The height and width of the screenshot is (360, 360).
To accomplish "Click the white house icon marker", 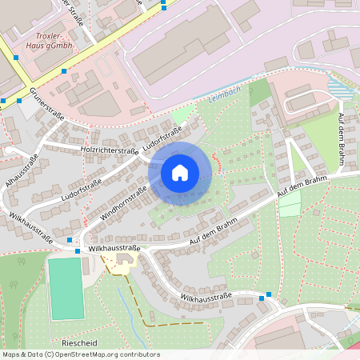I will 180,172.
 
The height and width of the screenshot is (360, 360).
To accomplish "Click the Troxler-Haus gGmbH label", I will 54,41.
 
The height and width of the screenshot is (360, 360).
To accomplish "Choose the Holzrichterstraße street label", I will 110,150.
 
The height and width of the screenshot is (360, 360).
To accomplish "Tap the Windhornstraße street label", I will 122,204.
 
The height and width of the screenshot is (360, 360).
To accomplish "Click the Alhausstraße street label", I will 19,169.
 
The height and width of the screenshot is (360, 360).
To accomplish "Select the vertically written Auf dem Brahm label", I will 341,140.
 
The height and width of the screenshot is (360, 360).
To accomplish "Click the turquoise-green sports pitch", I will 66,288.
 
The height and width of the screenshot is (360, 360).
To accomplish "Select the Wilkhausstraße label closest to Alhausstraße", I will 26,228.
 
